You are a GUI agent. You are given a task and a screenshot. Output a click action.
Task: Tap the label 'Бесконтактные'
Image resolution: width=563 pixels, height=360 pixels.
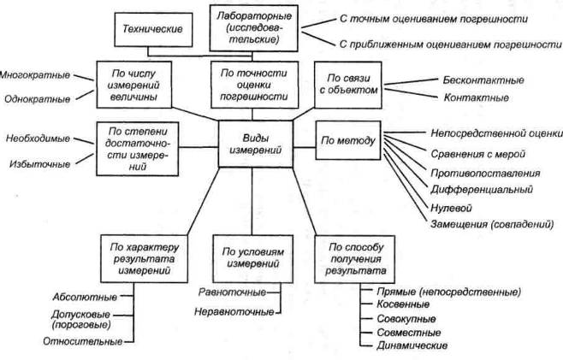click(483, 80)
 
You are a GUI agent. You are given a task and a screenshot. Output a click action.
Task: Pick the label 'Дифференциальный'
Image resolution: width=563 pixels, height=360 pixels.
click(482, 189)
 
